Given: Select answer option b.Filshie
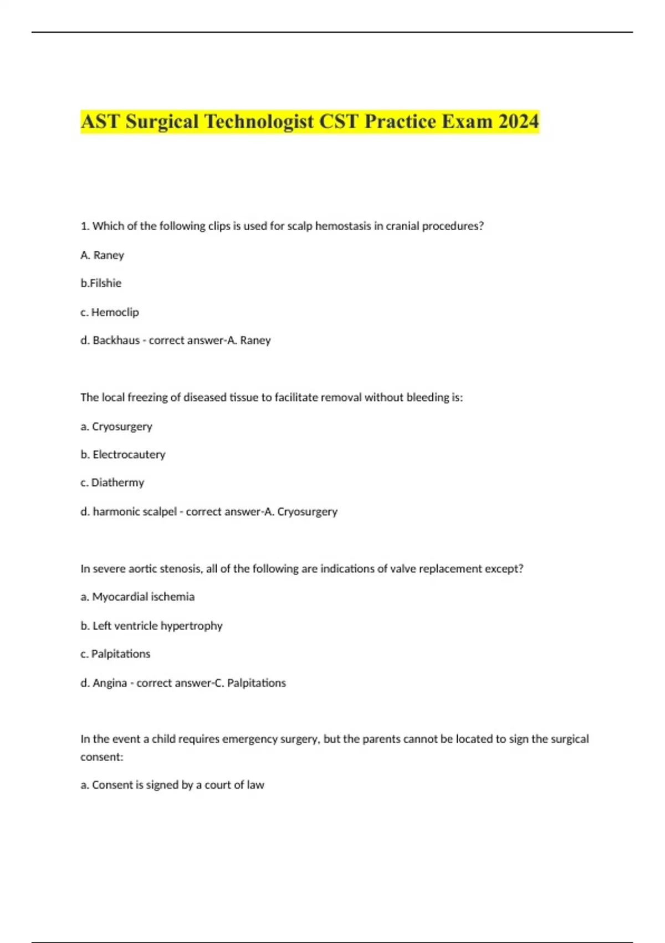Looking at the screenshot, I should (101, 283).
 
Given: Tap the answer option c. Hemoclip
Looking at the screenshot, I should (110, 312).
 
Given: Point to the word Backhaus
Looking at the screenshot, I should (116, 341).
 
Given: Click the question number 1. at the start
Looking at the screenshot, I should (85, 226).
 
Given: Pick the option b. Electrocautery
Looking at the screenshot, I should (123, 455).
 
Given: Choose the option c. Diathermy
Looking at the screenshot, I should (112, 483).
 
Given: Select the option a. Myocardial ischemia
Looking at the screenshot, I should (137, 597).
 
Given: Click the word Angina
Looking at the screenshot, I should (110, 683).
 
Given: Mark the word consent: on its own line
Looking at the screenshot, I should (102, 757).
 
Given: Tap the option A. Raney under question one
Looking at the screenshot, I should (103, 255).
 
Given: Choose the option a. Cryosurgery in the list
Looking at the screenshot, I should (116, 427).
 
